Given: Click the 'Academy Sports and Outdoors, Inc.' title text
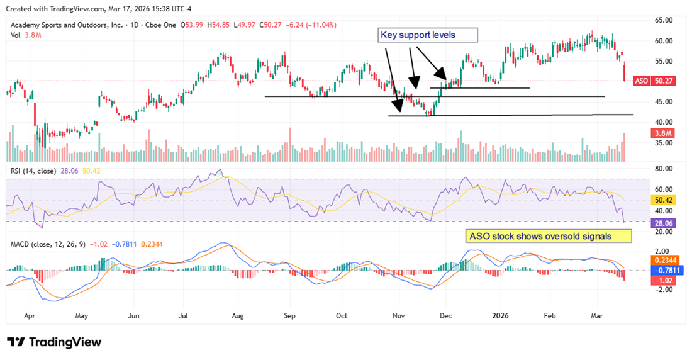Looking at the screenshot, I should pyautogui.click(x=63, y=25).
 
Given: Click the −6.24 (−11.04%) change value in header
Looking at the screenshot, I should pyautogui.click(x=311, y=25).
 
